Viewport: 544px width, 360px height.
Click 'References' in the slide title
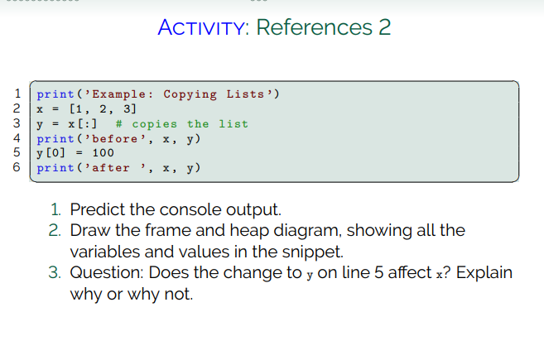[314, 28]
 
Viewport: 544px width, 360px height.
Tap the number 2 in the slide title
[384, 28]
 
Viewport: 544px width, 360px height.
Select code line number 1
[17, 94]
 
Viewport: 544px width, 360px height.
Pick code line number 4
[17, 138]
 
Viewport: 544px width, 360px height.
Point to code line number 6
[17, 168]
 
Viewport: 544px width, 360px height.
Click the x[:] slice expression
[86, 123]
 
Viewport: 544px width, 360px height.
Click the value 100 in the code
[104, 153]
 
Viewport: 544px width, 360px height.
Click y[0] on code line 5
[51, 153]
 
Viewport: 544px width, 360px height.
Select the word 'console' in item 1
[177, 209]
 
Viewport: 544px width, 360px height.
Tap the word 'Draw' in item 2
[89, 230]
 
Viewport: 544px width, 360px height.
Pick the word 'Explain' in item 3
[484, 272]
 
